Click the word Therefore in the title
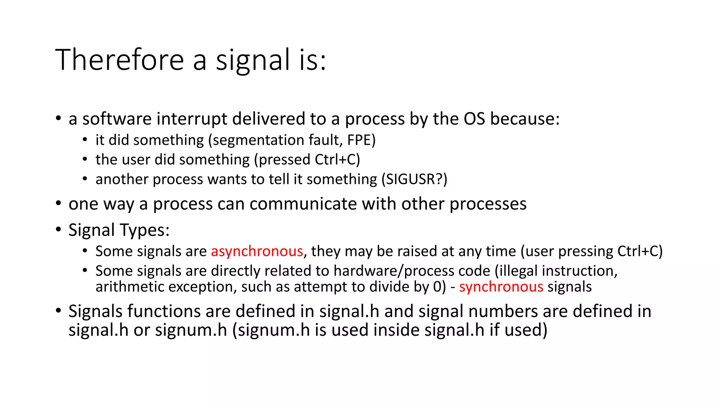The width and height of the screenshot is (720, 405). pos(120,60)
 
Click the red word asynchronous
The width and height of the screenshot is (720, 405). pos(257,251)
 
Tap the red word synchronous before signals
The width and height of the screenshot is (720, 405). pos(501,287)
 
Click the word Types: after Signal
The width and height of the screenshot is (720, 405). pos(144,230)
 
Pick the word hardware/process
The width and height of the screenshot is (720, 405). pos(412,271)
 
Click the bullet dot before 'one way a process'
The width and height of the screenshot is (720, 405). pos(59,203)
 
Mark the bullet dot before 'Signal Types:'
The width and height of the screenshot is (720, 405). pos(59,230)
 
